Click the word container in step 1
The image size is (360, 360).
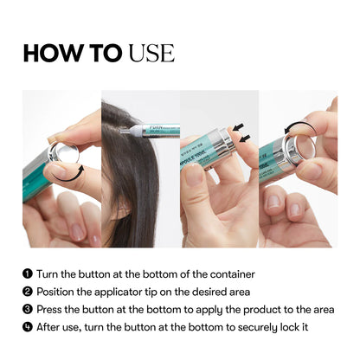click(x=228, y=274)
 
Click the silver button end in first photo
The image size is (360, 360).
click(x=66, y=156)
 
